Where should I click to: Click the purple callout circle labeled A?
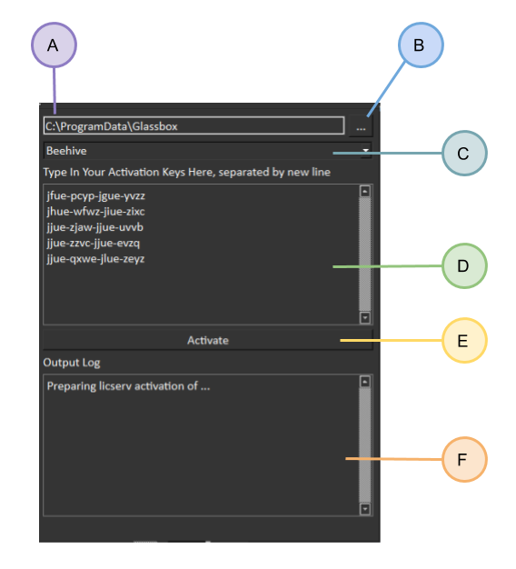54,45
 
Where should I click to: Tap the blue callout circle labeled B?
421,45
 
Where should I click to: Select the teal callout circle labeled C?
464,153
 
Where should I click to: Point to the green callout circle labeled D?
464,266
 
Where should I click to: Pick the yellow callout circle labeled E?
464,340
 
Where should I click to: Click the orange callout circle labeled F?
464,459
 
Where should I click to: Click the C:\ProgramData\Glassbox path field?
193,125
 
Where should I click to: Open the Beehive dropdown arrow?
365,150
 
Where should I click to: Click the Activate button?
208,340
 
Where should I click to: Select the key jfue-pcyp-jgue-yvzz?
95,196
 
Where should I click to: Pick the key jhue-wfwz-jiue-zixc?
95,212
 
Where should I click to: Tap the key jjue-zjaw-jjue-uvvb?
95,227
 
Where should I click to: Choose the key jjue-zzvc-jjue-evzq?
94,243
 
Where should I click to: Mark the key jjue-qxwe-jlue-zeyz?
95,259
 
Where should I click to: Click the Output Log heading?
72,363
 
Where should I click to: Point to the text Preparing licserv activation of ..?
123,385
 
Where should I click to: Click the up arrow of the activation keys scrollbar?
365,191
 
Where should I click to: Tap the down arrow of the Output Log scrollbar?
365,509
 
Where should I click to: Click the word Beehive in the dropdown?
66,151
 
